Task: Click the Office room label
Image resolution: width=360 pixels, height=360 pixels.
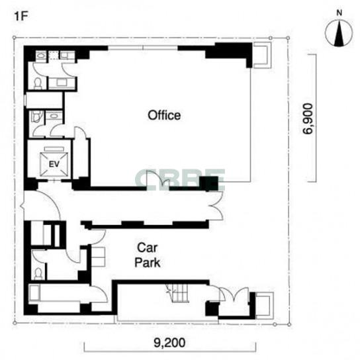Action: coord(164,115)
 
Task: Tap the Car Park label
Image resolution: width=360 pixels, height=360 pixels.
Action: coord(148,255)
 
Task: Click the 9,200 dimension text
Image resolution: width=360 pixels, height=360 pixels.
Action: coord(169,343)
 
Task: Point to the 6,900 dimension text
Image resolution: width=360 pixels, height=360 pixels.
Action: coord(308,118)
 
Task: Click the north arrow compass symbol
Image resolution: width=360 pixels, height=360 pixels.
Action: coord(339,32)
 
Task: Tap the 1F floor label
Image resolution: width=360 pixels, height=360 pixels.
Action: coord(21,17)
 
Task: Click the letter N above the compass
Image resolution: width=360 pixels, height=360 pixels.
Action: coord(339,13)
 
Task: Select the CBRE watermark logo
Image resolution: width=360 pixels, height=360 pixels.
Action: coord(180,180)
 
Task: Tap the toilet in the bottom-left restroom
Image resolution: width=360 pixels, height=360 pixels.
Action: coord(38,274)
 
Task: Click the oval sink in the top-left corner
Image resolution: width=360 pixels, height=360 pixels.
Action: coord(41,56)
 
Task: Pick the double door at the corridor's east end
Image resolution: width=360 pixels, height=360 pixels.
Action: coord(216,206)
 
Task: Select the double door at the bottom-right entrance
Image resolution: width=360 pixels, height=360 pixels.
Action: coord(234,294)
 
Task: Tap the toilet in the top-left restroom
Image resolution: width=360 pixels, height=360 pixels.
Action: coord(38,83)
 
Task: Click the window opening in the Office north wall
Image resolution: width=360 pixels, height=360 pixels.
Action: coord(143,48)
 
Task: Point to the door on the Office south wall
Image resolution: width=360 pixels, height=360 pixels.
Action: coord(158,181)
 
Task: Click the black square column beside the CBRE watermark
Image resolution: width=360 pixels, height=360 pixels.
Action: coord(208,183)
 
